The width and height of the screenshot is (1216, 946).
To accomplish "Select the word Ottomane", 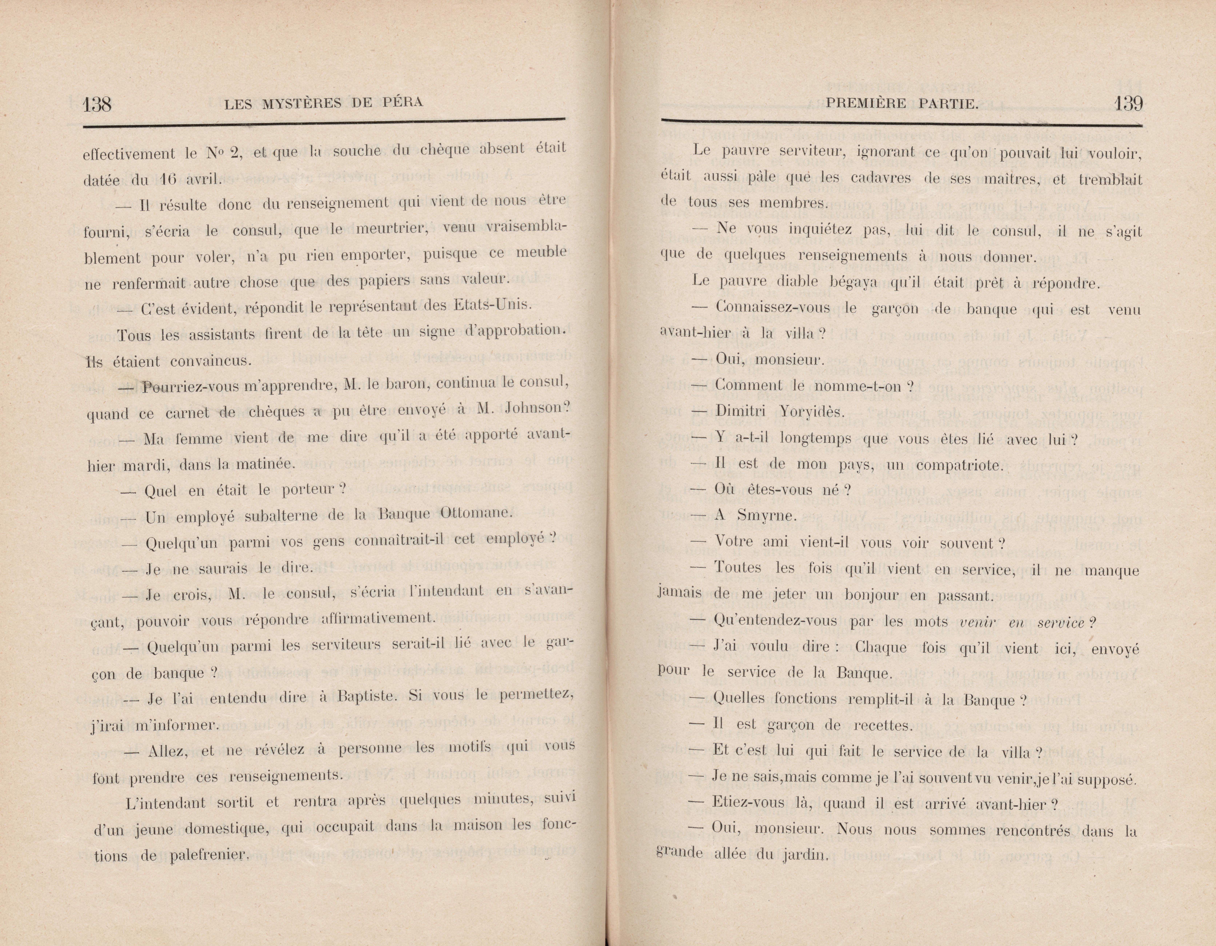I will (x=474, y=513).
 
